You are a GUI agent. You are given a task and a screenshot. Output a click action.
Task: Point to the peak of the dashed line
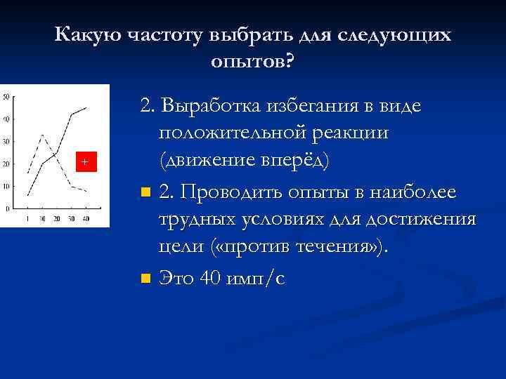(x=43, y=134)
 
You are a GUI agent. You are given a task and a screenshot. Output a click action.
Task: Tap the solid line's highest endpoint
(x=86, y=108)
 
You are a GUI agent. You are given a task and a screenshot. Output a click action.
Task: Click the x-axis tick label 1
(x=27, y=219)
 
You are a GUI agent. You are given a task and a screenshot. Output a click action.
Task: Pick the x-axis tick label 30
(x=72, y=219)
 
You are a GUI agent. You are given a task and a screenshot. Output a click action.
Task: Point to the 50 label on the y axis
(x=6, y=97)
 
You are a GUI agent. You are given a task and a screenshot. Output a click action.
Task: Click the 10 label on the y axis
(x=6, y=187)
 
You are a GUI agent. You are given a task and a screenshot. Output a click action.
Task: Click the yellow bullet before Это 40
(x=145, y=279)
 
